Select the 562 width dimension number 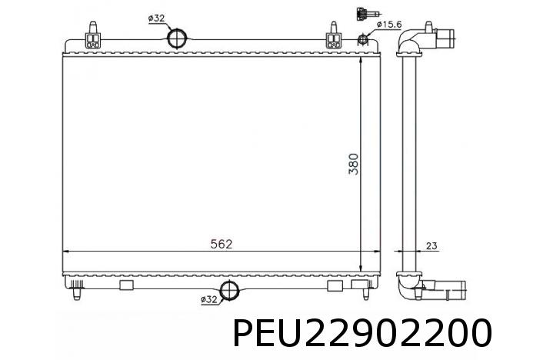222,244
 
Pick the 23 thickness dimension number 431,246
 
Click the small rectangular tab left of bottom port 127,285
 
